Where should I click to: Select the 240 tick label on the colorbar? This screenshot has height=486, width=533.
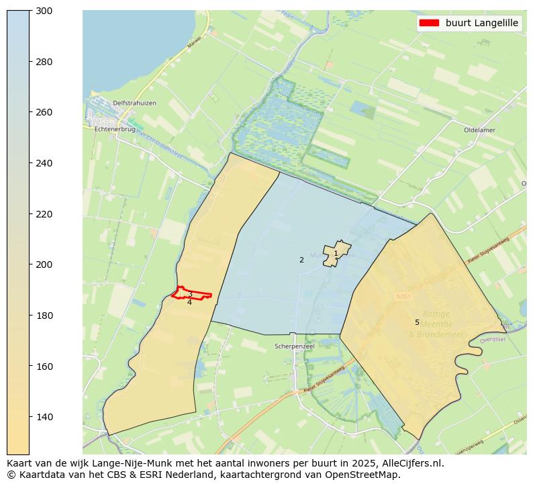pos(44,163)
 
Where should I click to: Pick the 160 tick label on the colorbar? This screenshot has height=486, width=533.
pos(44,367)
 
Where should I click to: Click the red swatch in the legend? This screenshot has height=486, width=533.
pos(428,23)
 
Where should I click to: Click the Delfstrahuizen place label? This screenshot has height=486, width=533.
pos(134,103)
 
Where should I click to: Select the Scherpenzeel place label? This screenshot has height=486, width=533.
pos(294,346)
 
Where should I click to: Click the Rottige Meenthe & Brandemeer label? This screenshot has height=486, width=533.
pos(436,324)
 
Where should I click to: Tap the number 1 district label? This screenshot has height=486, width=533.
pos(336,253)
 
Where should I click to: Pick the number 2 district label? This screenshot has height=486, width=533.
pos(301,260)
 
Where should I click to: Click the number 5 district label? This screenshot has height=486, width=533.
pos(417,322)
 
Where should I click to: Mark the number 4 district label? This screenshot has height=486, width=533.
pos(189,303)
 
